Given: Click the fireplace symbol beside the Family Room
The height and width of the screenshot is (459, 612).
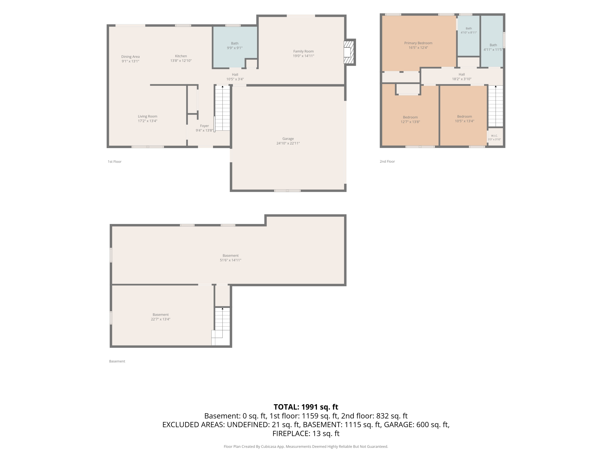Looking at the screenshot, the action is click(x=349, y=52).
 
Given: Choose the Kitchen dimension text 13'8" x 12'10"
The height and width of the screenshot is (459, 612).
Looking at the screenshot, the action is click(x=181, y=61).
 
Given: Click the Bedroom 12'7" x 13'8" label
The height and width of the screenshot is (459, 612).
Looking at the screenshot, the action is click(x=410, y=120).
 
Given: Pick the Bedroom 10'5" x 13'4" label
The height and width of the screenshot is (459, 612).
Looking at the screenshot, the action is click(x=465, y=119).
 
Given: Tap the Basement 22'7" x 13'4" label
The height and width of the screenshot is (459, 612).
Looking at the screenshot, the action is click(x=161, y=317).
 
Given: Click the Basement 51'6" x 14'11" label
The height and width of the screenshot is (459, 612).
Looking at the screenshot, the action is click(x=231, y=258).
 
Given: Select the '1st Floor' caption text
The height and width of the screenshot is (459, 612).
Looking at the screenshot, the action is click(x=114, y=162).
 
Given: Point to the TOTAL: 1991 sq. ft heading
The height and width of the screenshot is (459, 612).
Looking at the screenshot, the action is click(x=306, y=407).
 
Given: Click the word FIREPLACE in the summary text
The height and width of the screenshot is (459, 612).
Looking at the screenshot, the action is click(x=291, y=433).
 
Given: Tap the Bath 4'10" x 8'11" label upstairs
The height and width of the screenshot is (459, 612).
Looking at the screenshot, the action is click(x=469, y=30).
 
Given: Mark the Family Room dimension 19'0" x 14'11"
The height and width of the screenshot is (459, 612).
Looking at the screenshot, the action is click(x=304, y=56).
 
